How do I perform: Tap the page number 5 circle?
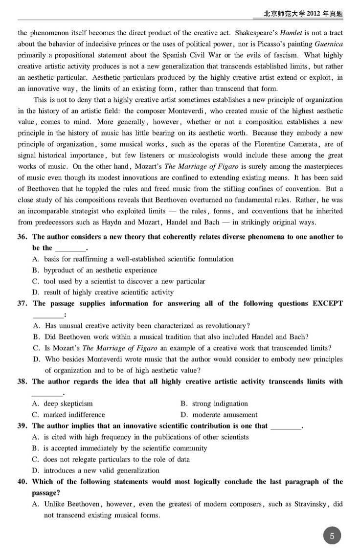(x=332, y=536)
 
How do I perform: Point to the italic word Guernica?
(x=329, y=45)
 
